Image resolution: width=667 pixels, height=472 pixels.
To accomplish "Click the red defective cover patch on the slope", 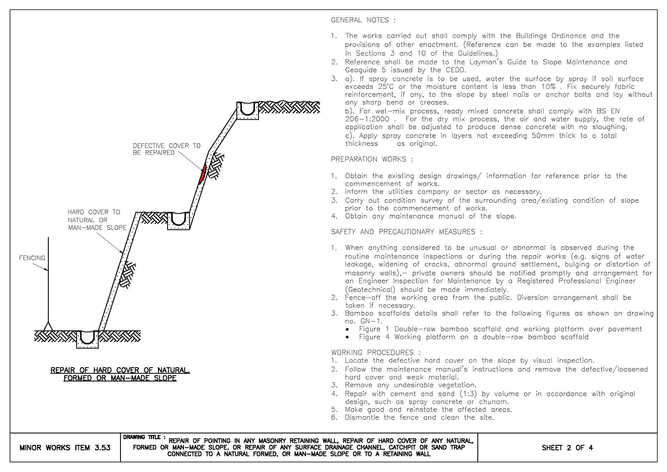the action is tap(203, 175).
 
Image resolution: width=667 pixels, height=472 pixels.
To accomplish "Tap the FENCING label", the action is tap(32, 258).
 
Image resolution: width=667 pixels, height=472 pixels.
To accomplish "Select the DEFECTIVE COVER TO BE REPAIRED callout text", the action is tap(166, 149).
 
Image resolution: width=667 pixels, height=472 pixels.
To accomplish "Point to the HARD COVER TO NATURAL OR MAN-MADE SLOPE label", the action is tap(97, 220).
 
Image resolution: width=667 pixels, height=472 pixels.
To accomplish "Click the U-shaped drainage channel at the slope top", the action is tap(248, 111).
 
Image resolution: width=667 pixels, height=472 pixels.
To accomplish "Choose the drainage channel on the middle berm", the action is tap(178, 221).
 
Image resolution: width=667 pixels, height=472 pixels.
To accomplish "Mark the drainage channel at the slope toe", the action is tap(87, 339).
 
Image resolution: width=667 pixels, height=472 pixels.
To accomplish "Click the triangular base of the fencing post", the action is tap(48, 326).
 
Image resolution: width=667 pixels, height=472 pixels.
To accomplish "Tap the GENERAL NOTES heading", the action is tap(363, 20).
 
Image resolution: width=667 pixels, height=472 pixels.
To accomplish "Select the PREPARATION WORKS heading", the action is tap(372, 159).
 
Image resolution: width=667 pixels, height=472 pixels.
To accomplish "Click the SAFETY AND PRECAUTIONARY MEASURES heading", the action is tap(406, 232).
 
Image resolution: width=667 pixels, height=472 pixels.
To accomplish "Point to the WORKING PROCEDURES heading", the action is tap(376, 352).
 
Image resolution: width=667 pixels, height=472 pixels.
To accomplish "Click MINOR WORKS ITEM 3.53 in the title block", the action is tap(65, 448).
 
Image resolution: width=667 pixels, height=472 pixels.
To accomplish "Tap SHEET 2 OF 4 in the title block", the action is tap(567, 448).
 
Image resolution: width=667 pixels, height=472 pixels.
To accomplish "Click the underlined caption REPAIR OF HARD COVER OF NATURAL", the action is tap(120, 370).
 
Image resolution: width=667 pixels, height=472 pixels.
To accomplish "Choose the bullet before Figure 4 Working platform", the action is tap(347, 337).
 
